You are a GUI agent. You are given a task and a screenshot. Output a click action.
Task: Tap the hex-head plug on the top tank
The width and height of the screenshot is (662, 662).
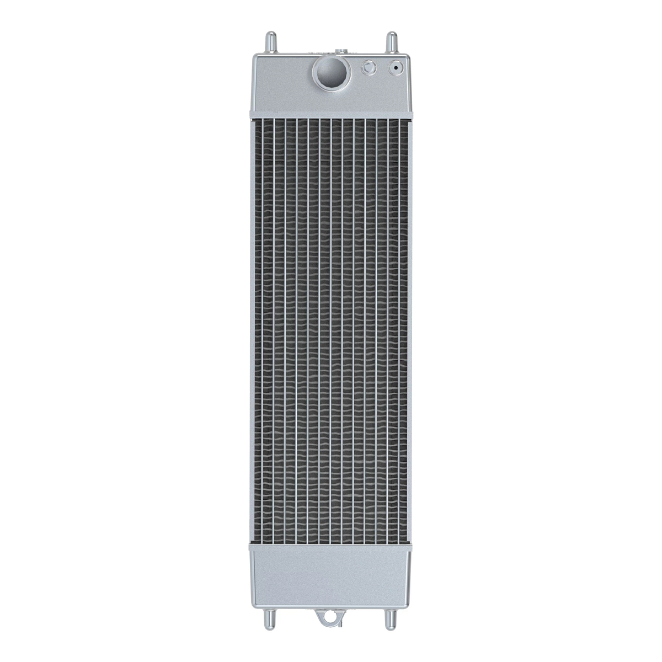click(367, 68)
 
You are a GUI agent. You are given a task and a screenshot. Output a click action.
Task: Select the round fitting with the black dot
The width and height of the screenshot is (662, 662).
click(395, 68)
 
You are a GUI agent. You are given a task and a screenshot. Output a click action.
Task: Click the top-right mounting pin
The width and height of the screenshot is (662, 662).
click(391, 42)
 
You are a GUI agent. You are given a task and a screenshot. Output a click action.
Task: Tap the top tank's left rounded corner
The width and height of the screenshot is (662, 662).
click(255, 57)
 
